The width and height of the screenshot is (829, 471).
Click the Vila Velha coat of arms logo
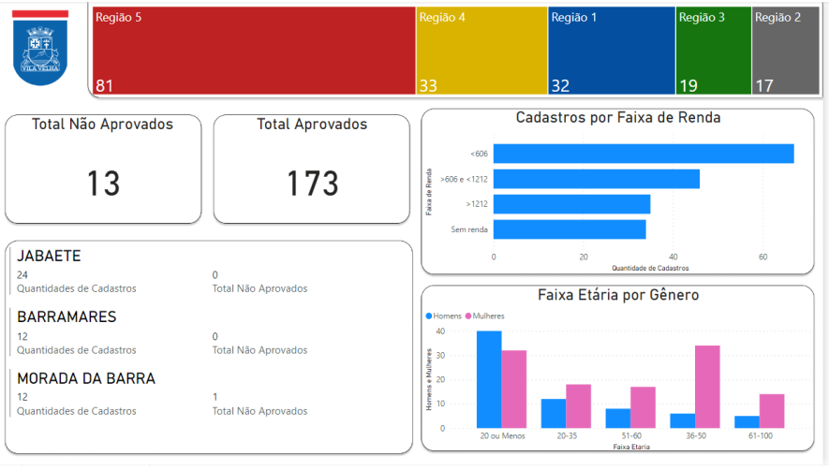[x=40, y=51]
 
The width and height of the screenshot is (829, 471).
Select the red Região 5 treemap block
[x=253, y=52]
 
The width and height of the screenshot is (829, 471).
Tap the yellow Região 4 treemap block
[x=481, y=52]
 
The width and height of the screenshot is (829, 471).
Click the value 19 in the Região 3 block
[x=688, y=86]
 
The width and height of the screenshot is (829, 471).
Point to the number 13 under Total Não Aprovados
[x=103, y=184]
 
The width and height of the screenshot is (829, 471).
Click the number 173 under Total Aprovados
[x=312, y=184]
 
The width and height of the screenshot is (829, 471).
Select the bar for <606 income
[x=644, y=154]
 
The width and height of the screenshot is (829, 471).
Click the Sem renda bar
[x=570, y=229]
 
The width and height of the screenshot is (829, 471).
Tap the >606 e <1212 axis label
[x=464, y=179]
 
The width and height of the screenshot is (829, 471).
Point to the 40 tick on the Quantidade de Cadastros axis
[x=673, y=257]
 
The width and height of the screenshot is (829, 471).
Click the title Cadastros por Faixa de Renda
[x=617, y=118]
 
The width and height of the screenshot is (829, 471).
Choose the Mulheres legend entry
[x=488, y=316]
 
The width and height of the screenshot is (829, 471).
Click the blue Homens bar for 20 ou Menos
[x=488, y=378]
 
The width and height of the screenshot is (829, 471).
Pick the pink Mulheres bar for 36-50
[x=707, y=386]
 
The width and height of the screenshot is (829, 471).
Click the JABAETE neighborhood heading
[x=49, y=256]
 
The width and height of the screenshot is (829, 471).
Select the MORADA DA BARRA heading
[x=86, y=378]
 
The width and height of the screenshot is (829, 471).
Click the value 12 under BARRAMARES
[x=22, y=336]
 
